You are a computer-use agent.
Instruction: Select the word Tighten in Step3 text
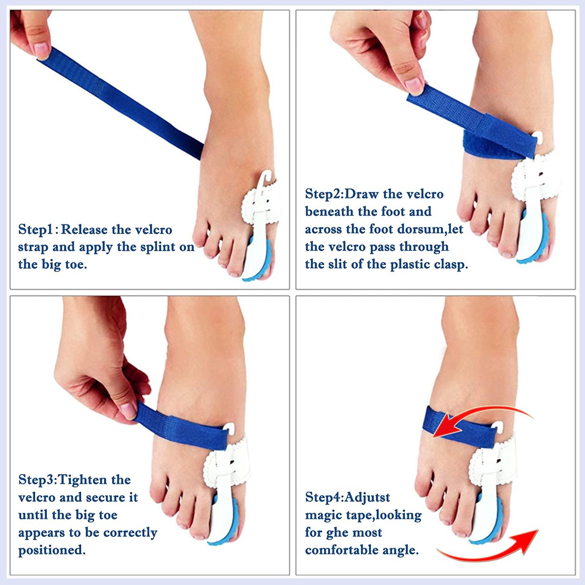click(x=82, y=480)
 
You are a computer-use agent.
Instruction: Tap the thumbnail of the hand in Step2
click(x=414, y=85)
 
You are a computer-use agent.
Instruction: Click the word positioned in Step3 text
click(x=51, y=550)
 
